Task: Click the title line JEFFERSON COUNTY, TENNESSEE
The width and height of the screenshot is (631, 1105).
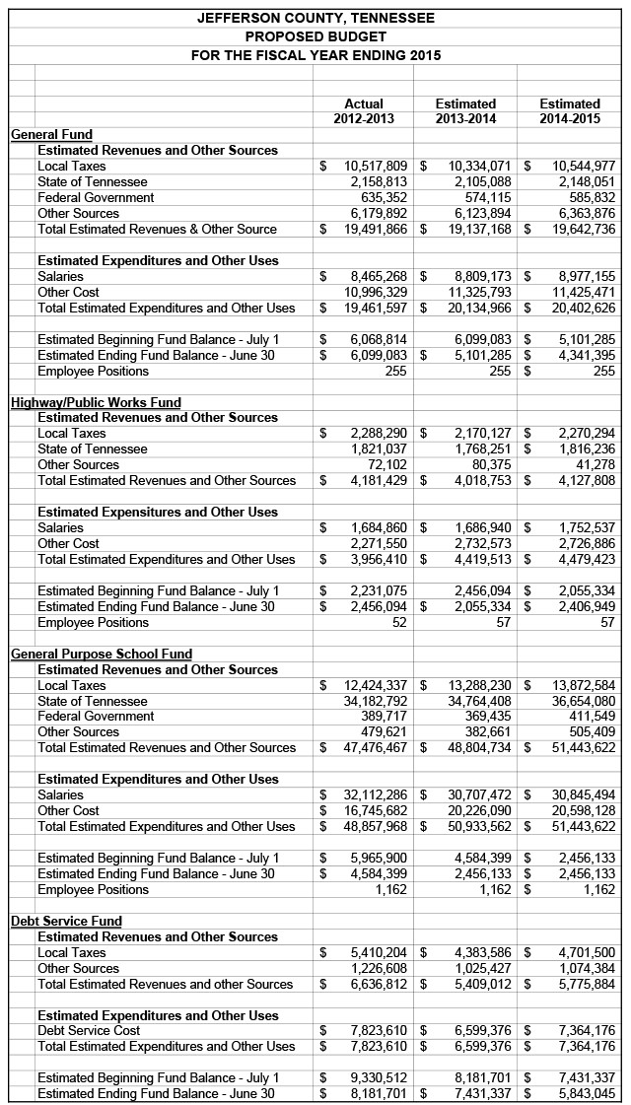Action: click(315, 18)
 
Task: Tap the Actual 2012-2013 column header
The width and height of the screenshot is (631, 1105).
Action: click(364, 111)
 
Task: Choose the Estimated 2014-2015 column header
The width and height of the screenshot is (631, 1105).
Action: click(570, 111)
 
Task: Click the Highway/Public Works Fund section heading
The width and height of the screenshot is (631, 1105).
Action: click(96, 402)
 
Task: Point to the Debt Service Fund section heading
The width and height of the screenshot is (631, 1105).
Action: click(66, 921)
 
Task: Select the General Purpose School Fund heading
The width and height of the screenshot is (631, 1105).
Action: click(102, 654)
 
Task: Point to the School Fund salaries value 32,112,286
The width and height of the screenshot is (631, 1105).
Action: click(376, 794)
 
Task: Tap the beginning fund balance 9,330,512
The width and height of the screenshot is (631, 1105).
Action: click(380, 1077)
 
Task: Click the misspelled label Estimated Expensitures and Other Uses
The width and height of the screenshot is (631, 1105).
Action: click(158, 512)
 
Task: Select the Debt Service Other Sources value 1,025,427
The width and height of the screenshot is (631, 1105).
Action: click(483, 968)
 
